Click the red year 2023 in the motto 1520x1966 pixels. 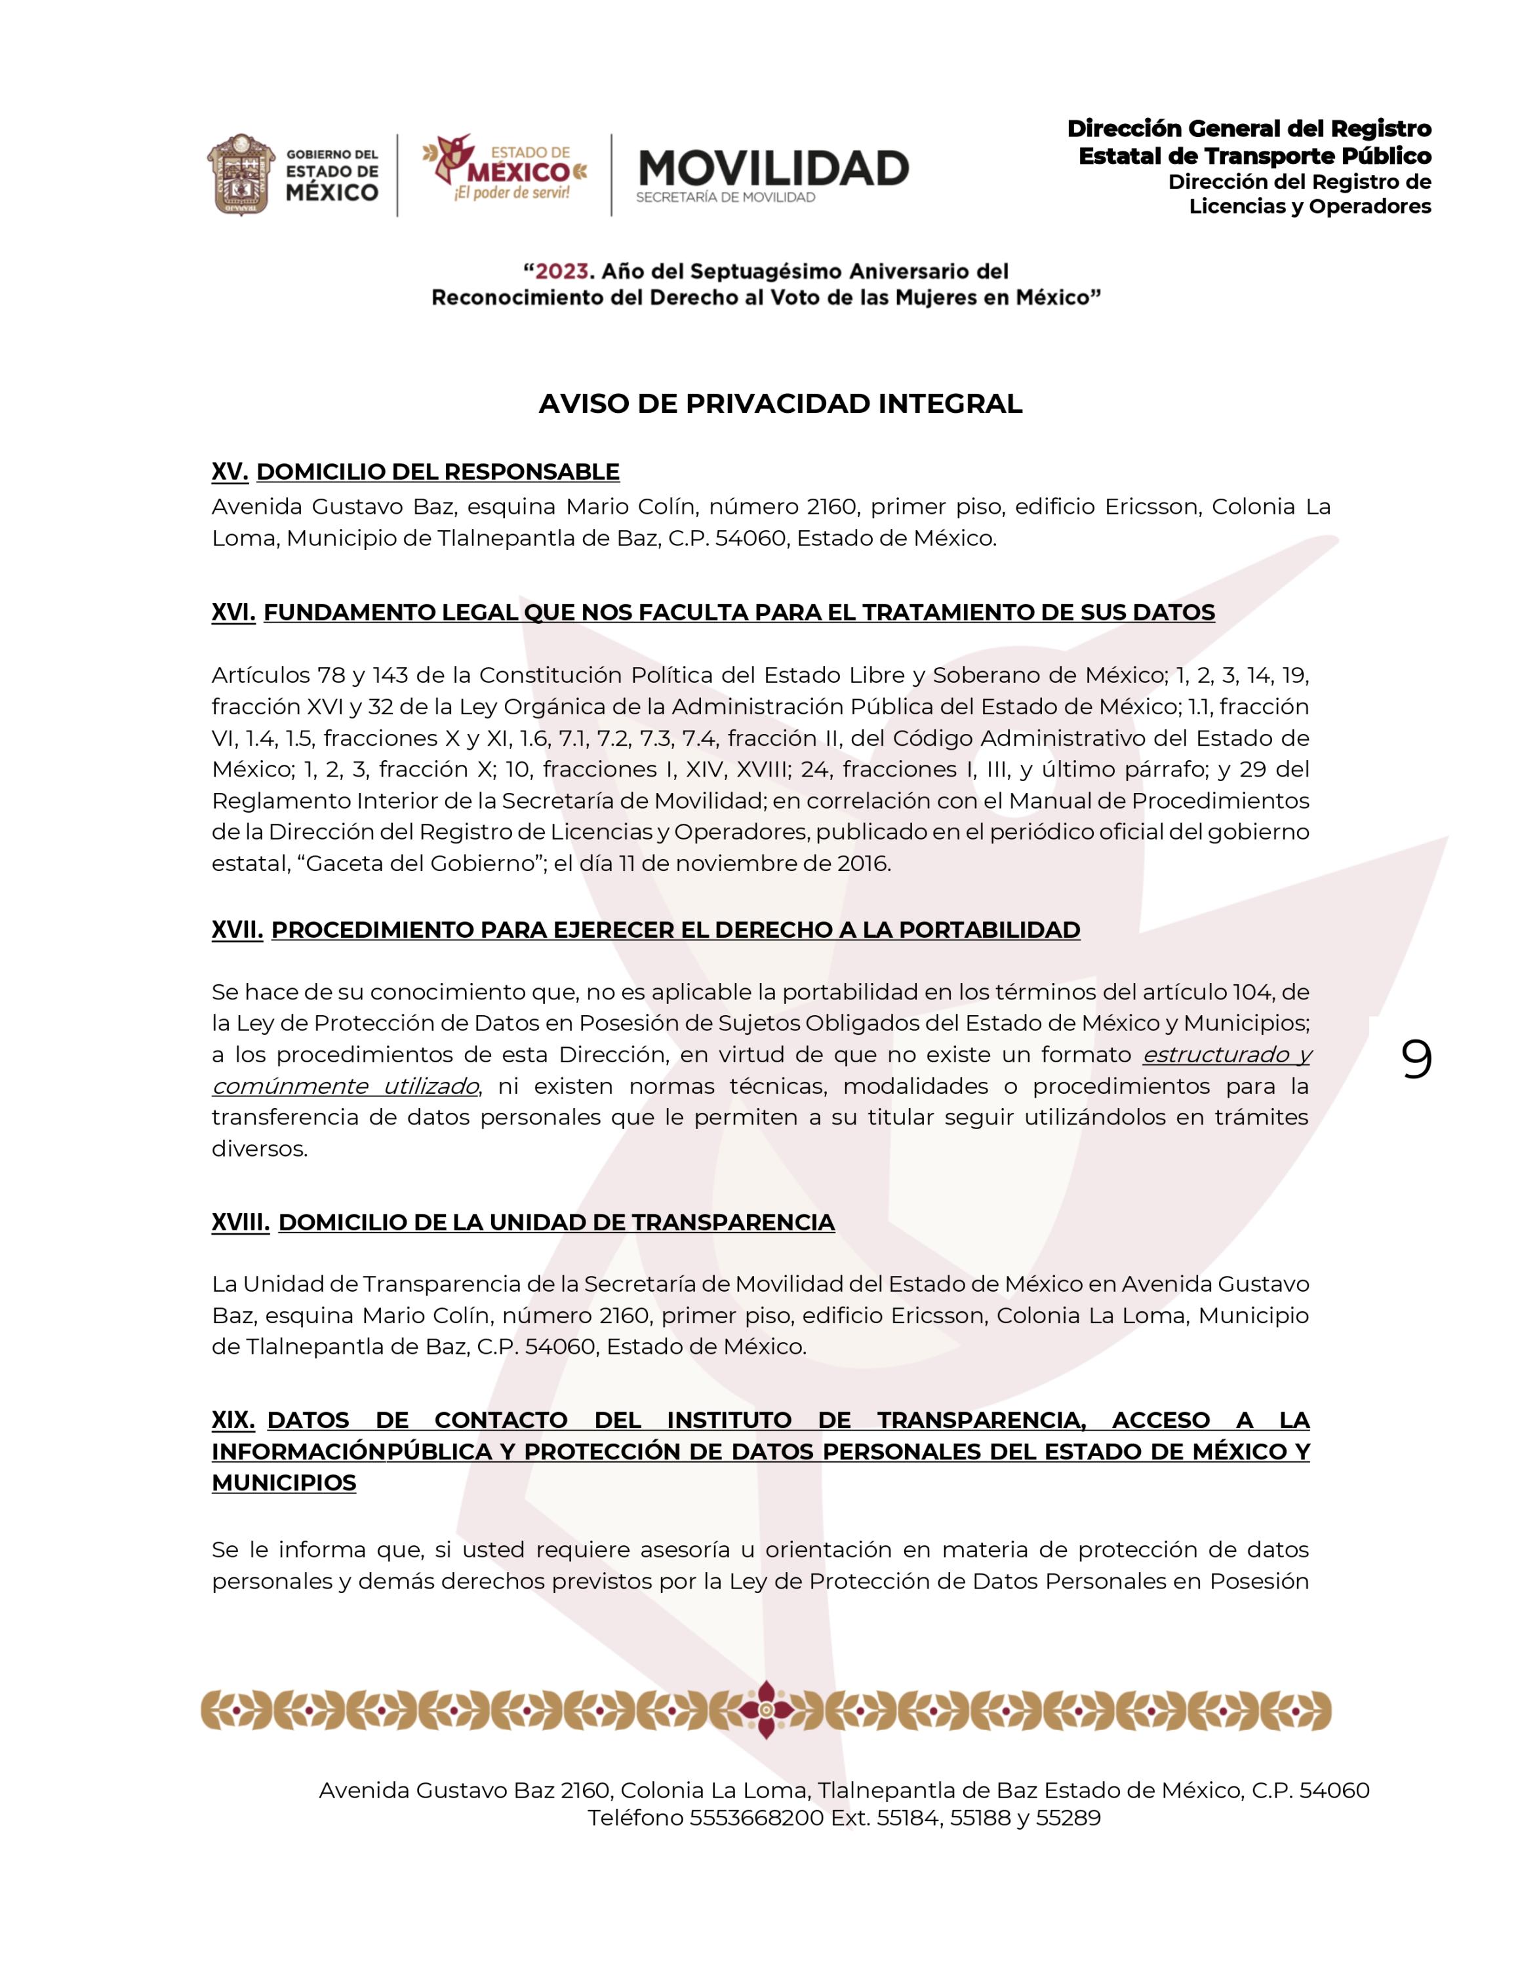pos(562,271)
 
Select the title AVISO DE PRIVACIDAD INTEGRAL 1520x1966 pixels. pos(781,404)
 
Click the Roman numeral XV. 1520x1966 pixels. pos(230,472)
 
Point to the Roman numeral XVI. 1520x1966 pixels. pos(233,612)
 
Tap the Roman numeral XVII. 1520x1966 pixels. pos(237,930)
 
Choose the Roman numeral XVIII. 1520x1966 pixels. pos(241,1222)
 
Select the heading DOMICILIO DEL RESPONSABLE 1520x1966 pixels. pos(437,472)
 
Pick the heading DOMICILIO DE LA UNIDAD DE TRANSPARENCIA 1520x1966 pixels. pos(557,1222)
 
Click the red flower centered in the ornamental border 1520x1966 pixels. pos(765,1710)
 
